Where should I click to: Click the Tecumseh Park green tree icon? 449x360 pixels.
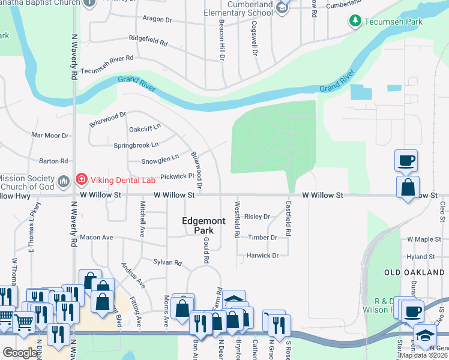355,22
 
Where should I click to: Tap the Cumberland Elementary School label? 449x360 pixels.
252,8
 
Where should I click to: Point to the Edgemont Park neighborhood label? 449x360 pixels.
204,226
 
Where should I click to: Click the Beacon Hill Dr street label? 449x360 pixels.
221,40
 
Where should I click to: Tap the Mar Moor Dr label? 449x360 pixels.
50,136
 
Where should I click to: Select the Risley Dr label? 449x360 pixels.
258,217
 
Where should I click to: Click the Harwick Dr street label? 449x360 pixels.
263,256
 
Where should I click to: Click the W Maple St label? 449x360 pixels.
424,239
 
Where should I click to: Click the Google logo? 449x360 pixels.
20,353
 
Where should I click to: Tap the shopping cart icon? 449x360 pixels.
23,322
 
